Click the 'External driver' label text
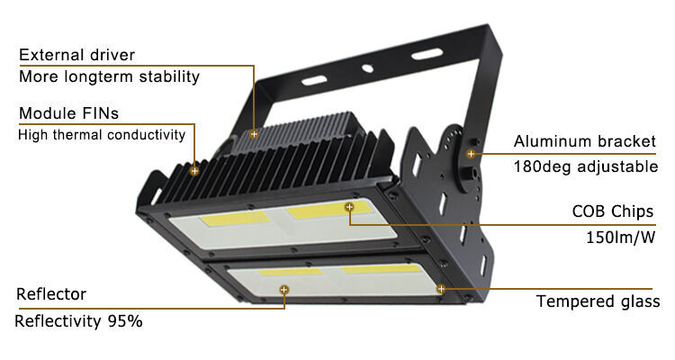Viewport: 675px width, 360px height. (x=77, y=55)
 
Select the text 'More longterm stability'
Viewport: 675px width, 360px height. (x=109, y=76)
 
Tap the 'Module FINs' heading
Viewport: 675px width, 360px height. (x=69, y=113)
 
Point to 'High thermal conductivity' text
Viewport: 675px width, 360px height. (x=102, y=135)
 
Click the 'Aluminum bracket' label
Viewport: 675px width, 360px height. (x=585, y=141)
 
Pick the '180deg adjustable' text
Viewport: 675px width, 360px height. (x=586, y=166)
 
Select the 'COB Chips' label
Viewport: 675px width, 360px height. (x=613, y=211)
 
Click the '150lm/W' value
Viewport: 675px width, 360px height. (x=620, y=238)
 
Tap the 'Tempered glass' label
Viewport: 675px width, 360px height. (x=598, y=301)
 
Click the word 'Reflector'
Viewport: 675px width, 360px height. (x=51, y=294)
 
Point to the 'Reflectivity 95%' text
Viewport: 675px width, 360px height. (x=78, y=321)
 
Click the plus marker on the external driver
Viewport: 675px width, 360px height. (x=254, y=134)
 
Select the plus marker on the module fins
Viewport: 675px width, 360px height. (x=194, y=171)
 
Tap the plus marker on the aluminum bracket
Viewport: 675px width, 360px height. (x=471, y=154)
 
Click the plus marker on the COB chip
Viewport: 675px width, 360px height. (x=349, y=207)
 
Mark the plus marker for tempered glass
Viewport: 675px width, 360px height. (x=441, y=289)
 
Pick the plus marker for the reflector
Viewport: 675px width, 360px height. (x=283, y=290)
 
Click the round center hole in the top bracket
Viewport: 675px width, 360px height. (x=367, y=68)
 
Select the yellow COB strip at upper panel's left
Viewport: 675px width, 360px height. (x=235, y=219)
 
